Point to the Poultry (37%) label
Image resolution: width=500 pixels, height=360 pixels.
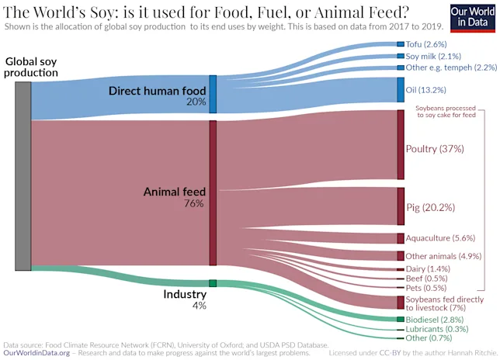click(x=435, y=148)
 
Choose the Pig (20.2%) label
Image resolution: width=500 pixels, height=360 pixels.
click(x=431, y=207)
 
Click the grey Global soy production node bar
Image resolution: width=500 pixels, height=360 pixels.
click(x=23, y=175)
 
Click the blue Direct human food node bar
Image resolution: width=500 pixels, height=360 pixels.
click(x=213, y=95)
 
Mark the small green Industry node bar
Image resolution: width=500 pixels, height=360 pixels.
click(x=213, y=283)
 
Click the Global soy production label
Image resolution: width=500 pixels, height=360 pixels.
click(x=31, y=67)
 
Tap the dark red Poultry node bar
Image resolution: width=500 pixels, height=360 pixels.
click(x=401, y=145)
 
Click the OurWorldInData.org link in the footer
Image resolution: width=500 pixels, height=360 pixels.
click(x=37, y=352)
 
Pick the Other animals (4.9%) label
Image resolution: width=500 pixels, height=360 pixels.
click(x=443, y=255)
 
